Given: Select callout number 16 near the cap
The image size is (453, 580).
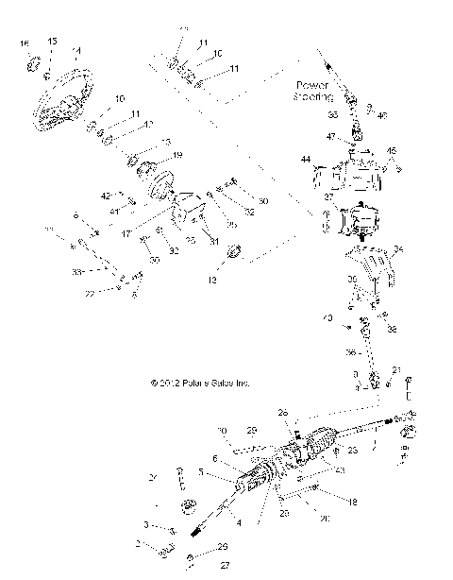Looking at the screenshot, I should coord(25,43).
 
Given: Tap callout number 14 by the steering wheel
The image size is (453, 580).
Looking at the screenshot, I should coord(76,51).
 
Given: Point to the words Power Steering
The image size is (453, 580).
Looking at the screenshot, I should coord(316,90).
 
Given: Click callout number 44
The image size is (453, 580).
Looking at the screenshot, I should coord(306,160).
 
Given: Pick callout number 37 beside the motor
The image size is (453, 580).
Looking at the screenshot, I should coord(329,196).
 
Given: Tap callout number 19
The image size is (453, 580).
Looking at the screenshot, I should coord(177,154).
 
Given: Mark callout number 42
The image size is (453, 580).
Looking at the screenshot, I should coord(105,196).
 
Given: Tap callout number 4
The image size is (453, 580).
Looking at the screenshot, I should coord(239,522).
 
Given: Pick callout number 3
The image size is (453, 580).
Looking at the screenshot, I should coord(146,523).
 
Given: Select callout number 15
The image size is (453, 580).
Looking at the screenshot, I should coord(53,42).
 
